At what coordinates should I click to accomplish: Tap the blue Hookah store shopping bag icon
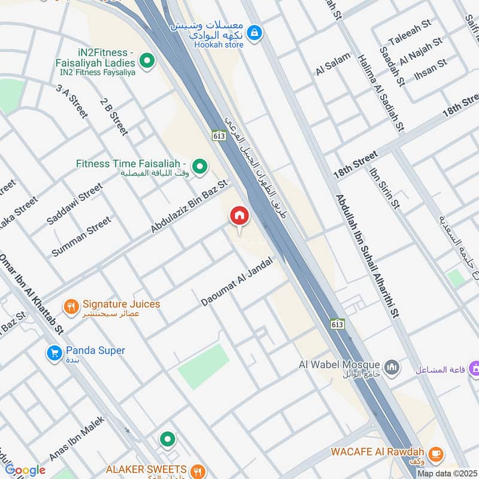255,32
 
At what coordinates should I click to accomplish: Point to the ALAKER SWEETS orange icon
199,470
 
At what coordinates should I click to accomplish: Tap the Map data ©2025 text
447,473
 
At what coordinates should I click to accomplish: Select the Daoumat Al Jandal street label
237,282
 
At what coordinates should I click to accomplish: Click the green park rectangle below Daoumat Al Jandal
204,366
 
